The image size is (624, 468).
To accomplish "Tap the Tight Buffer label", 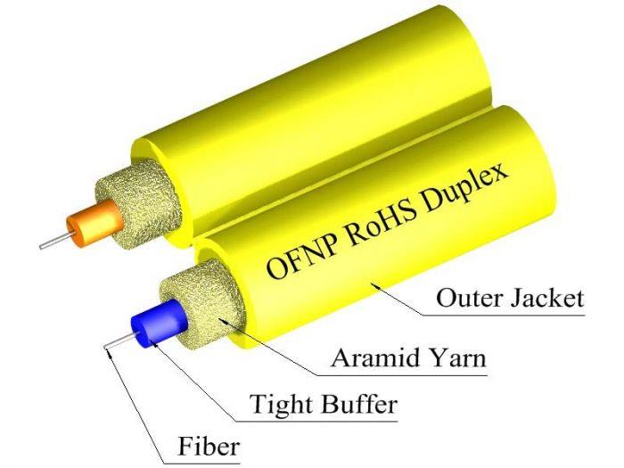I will (x=323, y=406).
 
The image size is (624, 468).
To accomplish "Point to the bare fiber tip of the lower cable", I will (x=112, y=345).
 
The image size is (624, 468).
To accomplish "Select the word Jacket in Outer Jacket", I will (x=548, y=299).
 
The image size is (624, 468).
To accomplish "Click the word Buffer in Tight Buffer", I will (x=357, y=406).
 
